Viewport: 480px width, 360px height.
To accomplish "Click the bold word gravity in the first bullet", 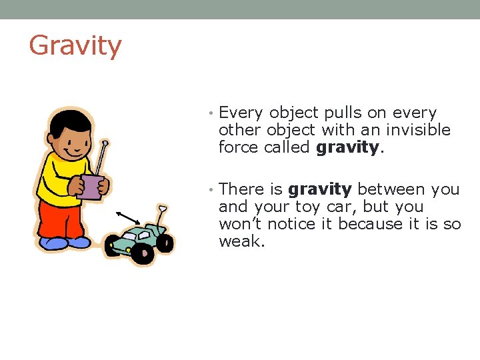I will click(x=347, y=147).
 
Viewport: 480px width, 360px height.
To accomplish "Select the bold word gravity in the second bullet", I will click(x=319, y=190).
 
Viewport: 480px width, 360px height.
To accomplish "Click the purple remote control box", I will click(x=91, y=187).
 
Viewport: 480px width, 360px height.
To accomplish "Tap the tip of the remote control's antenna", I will click(x=105, y=143).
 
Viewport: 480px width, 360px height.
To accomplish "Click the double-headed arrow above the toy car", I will click(x=128, y=218).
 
